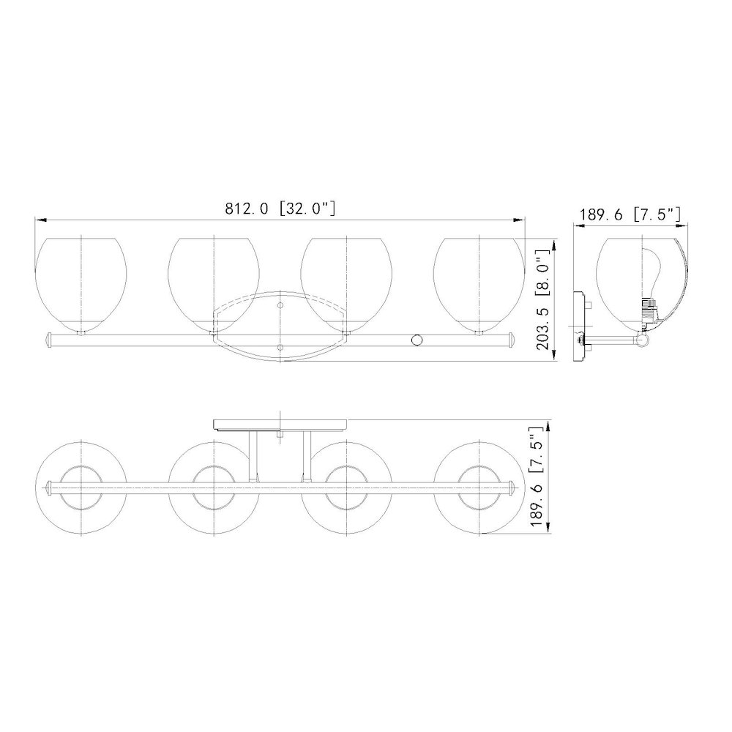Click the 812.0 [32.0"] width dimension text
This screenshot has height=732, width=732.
point(280,208)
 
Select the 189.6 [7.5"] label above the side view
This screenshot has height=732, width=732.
point(630,214)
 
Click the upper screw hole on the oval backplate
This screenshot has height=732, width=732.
point(280,305)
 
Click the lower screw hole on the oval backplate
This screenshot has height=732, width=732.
point(280,347)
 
